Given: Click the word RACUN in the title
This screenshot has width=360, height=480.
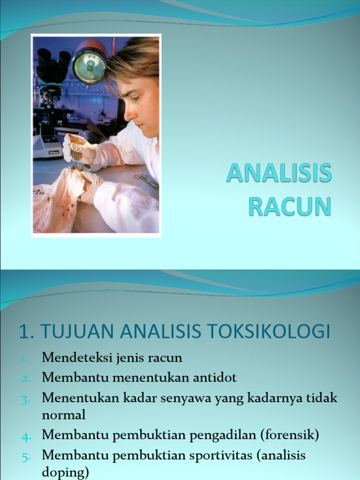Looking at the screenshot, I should (290, 206).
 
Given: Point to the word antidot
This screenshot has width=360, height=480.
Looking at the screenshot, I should (213, 377).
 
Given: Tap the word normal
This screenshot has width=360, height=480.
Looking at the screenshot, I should (64, 414).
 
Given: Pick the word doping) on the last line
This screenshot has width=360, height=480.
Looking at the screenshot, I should (65, 472).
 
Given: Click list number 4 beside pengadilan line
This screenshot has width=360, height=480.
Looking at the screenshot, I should (26, 436).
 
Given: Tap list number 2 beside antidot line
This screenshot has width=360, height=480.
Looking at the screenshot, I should (26, 378).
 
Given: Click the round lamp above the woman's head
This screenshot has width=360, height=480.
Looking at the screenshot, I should (89, 65).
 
